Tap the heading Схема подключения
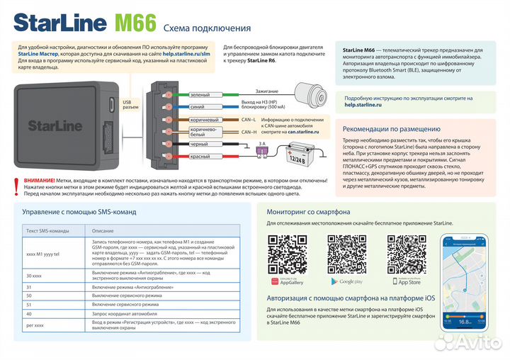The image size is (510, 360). click(x=207, y=28)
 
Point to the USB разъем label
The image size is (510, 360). click(x=131, y=105)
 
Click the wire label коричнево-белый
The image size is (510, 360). click(x=200, y=133)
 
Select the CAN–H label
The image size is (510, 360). click(x=249, y=132)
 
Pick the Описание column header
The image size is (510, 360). click(x=103, y=230)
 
